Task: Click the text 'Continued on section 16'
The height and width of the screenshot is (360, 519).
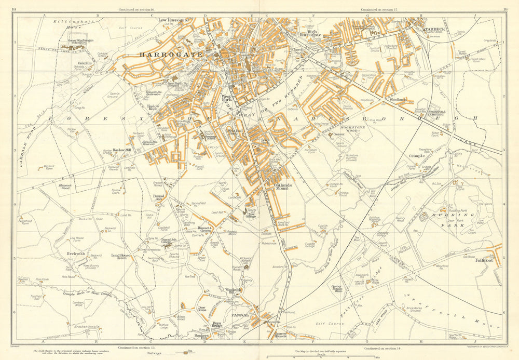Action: pyautogui.click(x=141, y=10)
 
